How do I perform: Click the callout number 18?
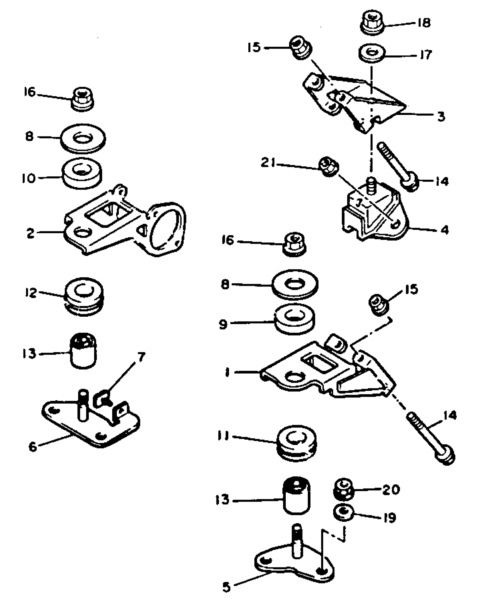[x=424, y=23]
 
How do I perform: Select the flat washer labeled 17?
[x=372, y=53]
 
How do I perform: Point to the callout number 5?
[x=226, y=587]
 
